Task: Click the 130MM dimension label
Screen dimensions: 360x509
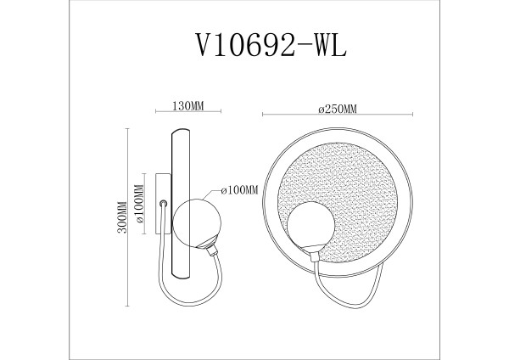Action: [187, 106]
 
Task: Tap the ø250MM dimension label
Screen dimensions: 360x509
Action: [337, 106]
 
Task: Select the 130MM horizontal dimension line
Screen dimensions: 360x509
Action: [187, 114]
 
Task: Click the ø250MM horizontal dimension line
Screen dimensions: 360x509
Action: [337, 114]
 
